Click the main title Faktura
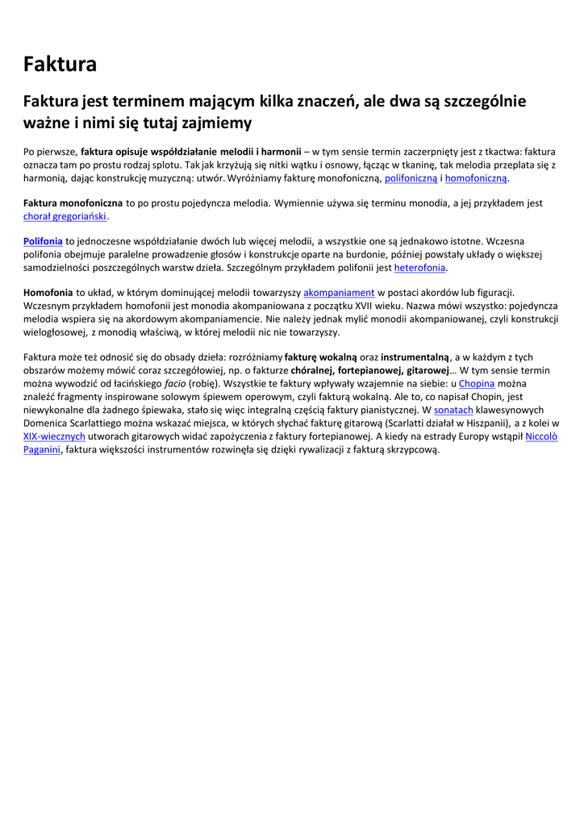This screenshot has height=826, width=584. pos(60,64)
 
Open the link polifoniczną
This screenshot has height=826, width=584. pos(411,177)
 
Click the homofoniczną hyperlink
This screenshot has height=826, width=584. pos(476,177)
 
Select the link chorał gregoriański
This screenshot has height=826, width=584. pos(65,216)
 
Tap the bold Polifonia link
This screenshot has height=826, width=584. pos(43,240)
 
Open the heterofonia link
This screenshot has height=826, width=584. pos(419,268)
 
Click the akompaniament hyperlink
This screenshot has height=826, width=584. pos(339,292)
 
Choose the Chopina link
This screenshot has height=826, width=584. pos(477,383)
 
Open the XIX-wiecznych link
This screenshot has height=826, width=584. pos(54,436)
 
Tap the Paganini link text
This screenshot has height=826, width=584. pos(42,449)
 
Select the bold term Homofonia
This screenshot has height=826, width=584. pos(48,292)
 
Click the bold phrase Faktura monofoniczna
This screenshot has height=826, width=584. pos(73,203)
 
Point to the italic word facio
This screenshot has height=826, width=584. pos(176,383)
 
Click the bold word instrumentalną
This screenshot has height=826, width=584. pos(415,357)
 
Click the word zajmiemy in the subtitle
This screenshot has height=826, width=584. pos(217,123)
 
